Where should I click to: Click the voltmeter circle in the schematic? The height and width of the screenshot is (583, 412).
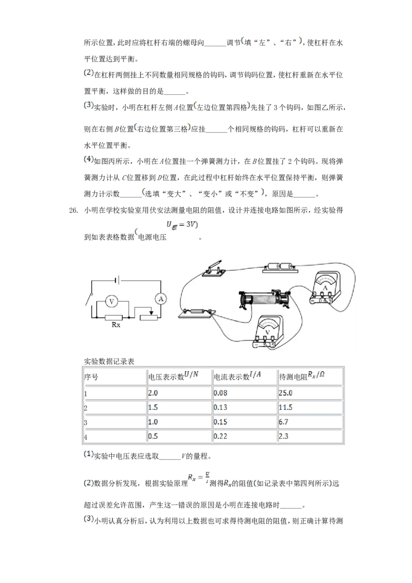point(112,301)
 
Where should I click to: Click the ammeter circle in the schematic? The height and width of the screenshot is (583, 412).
point(161,299)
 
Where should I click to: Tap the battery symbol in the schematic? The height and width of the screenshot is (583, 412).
point(117,280)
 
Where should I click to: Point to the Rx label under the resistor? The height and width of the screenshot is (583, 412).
point(116,324)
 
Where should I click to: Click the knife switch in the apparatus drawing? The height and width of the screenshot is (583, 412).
point(212,269)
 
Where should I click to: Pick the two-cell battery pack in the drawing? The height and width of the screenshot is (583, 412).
point(280,267)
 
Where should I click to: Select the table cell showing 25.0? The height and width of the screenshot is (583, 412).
point(286,393)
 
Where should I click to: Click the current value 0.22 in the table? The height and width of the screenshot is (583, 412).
point(220,436)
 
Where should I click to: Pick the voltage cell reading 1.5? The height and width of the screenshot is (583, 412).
point(153,407)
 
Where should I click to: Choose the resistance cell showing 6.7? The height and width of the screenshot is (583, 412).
point(283,422)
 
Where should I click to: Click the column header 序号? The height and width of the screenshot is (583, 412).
point(91,377)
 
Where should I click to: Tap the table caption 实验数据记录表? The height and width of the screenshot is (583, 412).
point(109,362)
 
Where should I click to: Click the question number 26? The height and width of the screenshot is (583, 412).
point(73,211)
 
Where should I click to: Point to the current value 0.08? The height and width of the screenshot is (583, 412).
point(220,393)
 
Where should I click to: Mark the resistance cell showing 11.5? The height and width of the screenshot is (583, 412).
point(286,407)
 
